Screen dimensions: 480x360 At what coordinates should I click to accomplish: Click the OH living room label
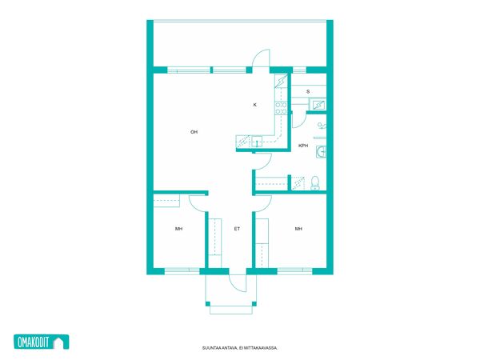(x=194, y=132)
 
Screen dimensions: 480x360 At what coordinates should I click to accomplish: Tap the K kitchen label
(x=254, y=105)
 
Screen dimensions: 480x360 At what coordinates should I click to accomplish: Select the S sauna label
(x=308, y=91)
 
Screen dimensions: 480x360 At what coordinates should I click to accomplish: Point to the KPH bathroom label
(x=303, y=146)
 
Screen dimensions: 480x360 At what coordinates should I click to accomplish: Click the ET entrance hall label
(x=237, y=229)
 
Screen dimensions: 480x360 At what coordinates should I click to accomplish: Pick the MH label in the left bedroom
(x=178, y=229)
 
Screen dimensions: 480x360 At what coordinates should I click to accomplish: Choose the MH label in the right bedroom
(x=298, y=229)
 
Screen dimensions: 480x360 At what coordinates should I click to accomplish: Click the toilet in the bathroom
(x=314, y=182)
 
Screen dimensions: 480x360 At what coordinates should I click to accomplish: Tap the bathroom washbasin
(x=321, y=151)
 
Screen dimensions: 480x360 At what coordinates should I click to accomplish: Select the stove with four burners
(x=281, y=108)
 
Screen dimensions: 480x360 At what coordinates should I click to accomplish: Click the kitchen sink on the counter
(x=257, y=142)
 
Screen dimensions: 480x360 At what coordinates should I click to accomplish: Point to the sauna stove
(x=318, y=105)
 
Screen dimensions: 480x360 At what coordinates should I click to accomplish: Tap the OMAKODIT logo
(x=42, y=342)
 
